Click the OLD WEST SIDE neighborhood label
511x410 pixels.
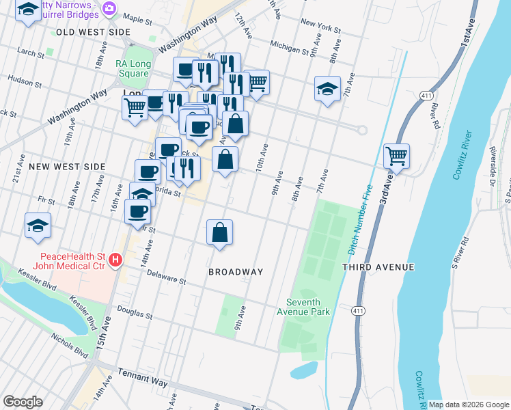pyautogui.click(x=93, y=32)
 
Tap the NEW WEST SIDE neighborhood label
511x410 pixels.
pyautogui.click(x=67, y=167)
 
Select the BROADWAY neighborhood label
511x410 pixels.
pyautogui.click(x=236, y=272)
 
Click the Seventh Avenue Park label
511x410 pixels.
pyautogui.click(x=307, y=307)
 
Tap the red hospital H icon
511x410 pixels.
pyautogui.click(x=115, y=260)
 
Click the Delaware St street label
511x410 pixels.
pyautogui.click(x=166, y=276)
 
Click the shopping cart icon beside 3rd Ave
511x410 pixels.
pyautogui.click(x=396, y=156)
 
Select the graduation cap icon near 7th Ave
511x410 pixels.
pyautogui.click(x=328, y=89)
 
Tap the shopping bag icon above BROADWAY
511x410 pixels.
pyautogui.click(x=219, y=232)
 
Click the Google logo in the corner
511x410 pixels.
pyautogui.click(x=23, y=402)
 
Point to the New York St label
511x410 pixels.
pyautogui.click(x=320, y=25)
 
